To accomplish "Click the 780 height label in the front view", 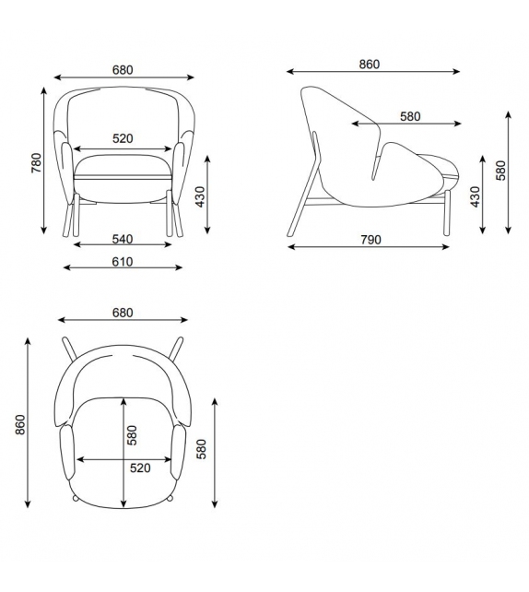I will (x=36, y=162).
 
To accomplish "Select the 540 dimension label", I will (x=123, y=239).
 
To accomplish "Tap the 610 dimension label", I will (x=123, y=262).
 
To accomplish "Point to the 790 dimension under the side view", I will (x=370, y=240).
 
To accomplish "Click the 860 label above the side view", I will (x=370, y=65).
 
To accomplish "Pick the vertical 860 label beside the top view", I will (x=20, y=424).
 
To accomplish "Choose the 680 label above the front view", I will (x=123, y=69).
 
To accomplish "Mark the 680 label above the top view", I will (x=123, y=313).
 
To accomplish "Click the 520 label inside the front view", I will (x=123, y=139).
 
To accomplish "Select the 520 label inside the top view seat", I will (x=140, y=468).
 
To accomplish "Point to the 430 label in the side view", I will (x=476, y=196).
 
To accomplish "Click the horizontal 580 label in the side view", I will (x=410, y=116).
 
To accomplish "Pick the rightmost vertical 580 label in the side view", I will (x=501, y=172).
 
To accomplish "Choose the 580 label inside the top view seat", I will (x=132, y=434).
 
